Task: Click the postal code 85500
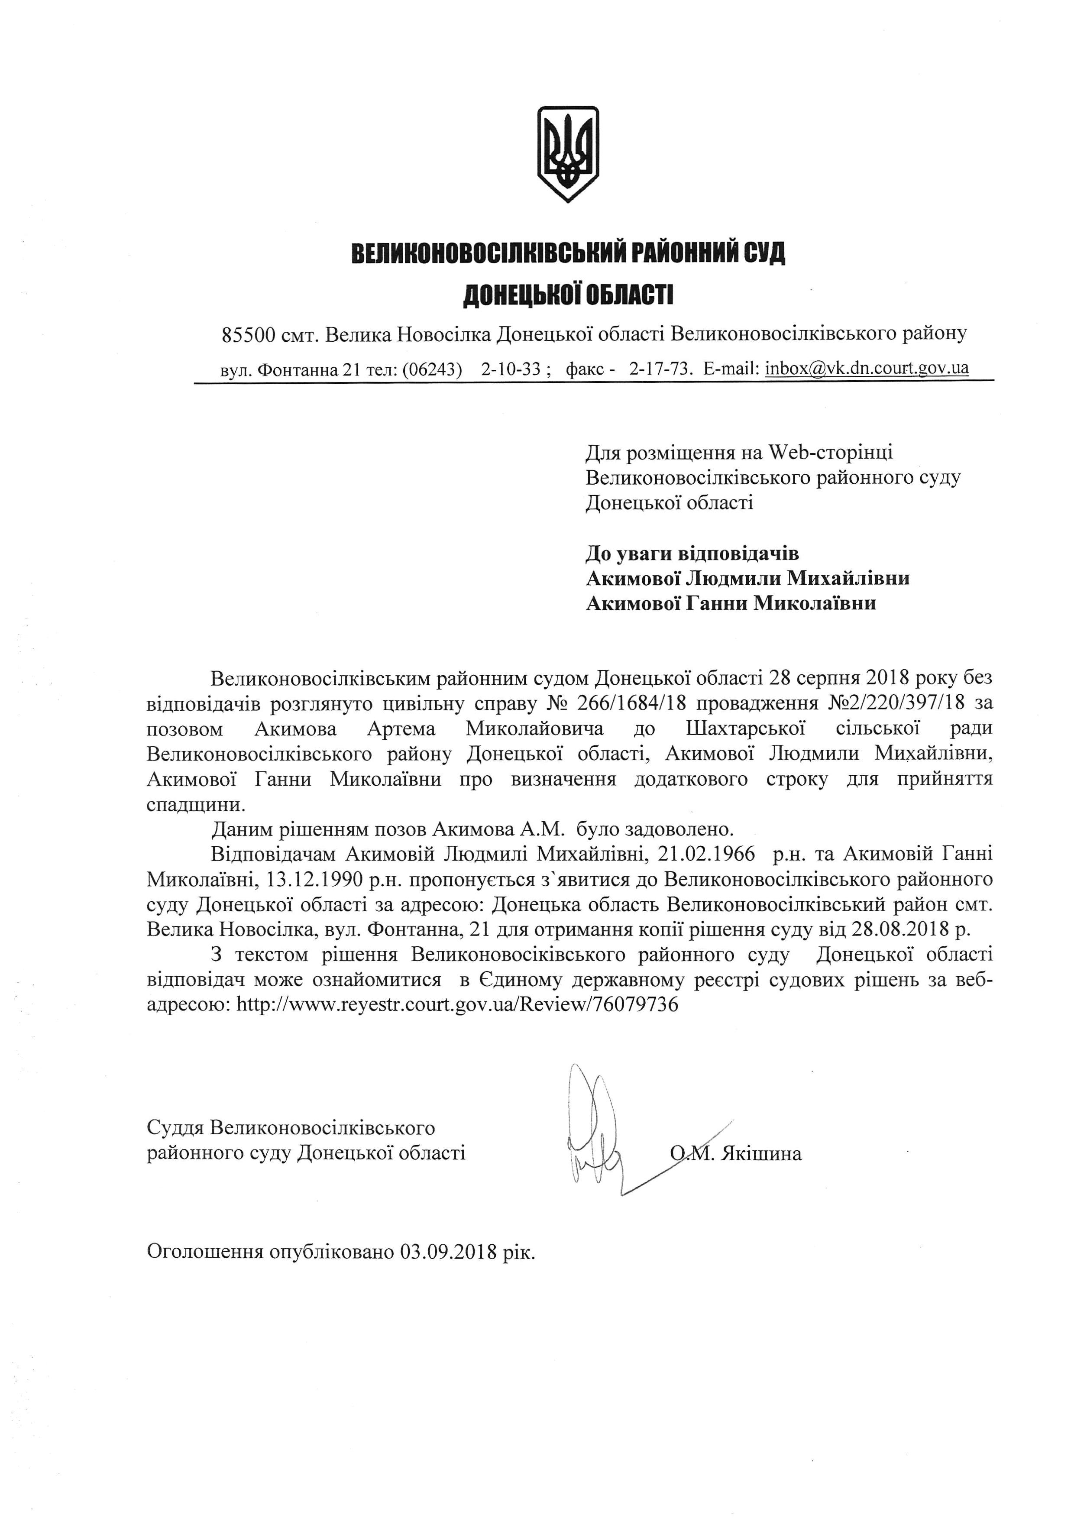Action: click(x=246, y=334)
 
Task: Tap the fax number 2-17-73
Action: click(x=660, y=369)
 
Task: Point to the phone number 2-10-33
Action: click(x=510, y=369)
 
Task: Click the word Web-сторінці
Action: click(x=830, y=453)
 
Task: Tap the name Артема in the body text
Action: click(x=401, y=728)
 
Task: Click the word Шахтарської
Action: click(x=745, y=728)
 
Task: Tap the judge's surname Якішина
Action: click(x=761, y=1154)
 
